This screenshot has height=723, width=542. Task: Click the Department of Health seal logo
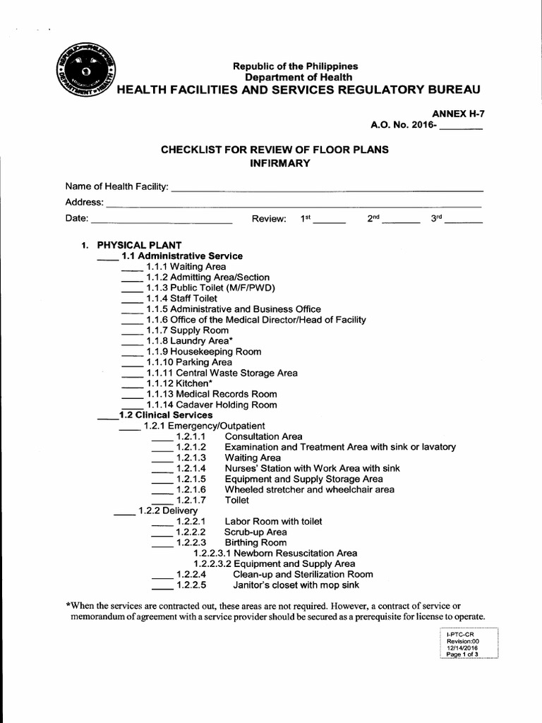(84, 71)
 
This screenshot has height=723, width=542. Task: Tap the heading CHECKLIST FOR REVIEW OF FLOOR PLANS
(275, 150)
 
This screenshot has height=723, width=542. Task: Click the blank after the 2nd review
(401, 221)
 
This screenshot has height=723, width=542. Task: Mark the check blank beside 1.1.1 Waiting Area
(132, 269)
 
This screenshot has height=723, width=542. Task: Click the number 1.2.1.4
(191, 469)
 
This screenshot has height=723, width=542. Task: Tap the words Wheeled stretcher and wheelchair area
(310, 490)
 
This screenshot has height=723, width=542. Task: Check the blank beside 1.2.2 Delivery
(124, 513)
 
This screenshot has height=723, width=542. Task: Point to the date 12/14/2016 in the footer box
(462, 647)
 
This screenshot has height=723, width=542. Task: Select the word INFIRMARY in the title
(275, 164)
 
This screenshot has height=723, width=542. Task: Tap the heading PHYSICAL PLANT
(139, 245)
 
